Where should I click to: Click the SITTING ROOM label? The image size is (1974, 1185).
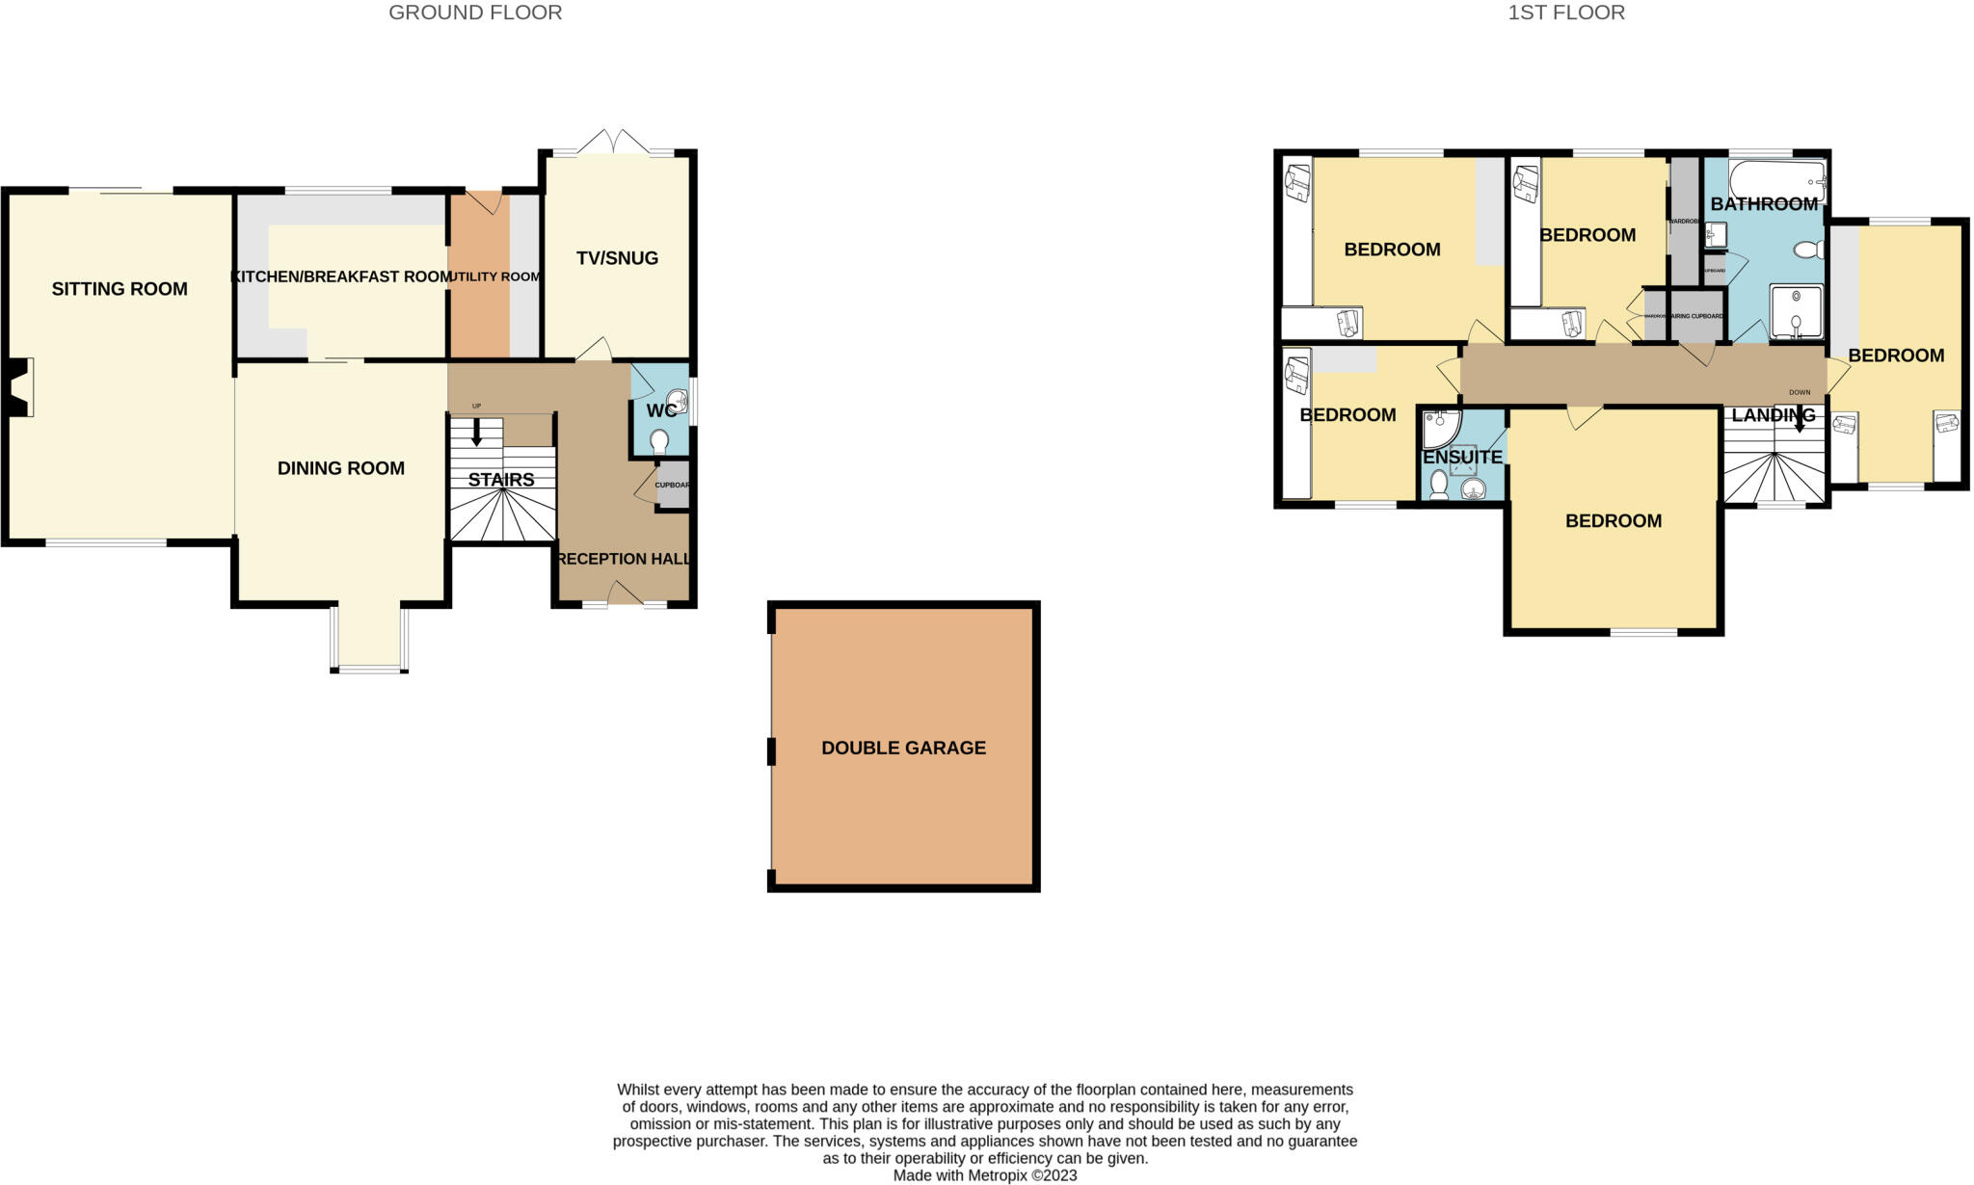pyautogui.click(x=120, y=289)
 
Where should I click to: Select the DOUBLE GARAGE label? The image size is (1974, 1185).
pyautogui.click(x=903, y=748)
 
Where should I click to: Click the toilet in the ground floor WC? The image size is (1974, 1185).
pyautogui.click(x=659, y=442)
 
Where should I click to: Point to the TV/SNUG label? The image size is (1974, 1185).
pyautogui.click(x=617, y=258)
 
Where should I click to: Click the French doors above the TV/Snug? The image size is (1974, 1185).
pyautogui.click(x=614, y=143)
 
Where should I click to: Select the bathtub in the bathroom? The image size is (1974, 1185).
pyautogui.click(x=1776, y=178)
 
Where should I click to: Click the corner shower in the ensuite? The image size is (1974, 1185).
pyautogui.click(x=1441, y=429)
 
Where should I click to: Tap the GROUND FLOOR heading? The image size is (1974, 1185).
pyautogui.click(x=475, y=13)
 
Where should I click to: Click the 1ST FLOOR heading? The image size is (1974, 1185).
pyautogui.click(x=1566, y=13)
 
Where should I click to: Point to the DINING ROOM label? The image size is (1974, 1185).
pyautogui.click(x=340, y=468)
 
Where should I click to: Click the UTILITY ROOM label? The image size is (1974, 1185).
pyautogui.click(x=496, y=276)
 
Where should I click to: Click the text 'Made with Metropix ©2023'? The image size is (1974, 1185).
pyautogui.click(x=984, y=1175)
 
